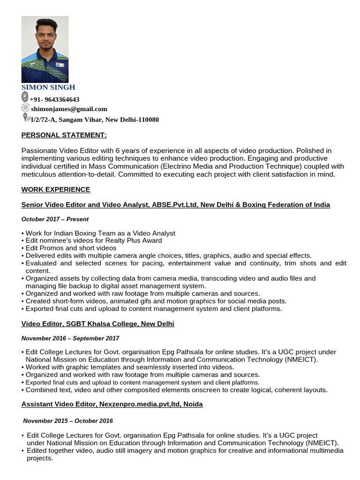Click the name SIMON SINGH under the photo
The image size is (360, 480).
(48, 87)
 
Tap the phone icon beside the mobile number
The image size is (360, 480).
(25, 97)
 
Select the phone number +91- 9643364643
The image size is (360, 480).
(54, 99)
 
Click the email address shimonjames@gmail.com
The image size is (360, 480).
(69, 109)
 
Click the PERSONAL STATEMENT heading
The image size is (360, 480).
(64, 135)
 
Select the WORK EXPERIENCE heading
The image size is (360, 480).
(56, 189)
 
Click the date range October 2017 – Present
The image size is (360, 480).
(55, 219)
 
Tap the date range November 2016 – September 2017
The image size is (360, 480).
(70, 338)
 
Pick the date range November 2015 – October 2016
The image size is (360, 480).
(68, 420)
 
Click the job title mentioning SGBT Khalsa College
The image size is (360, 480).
(98, 324)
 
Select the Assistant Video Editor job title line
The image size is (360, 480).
(112, 404)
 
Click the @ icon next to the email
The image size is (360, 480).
(25, 108)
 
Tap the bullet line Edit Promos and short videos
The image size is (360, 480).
(71, 248)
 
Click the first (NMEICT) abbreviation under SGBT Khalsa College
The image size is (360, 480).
(301, 360)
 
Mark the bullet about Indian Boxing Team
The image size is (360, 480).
(100, 233)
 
